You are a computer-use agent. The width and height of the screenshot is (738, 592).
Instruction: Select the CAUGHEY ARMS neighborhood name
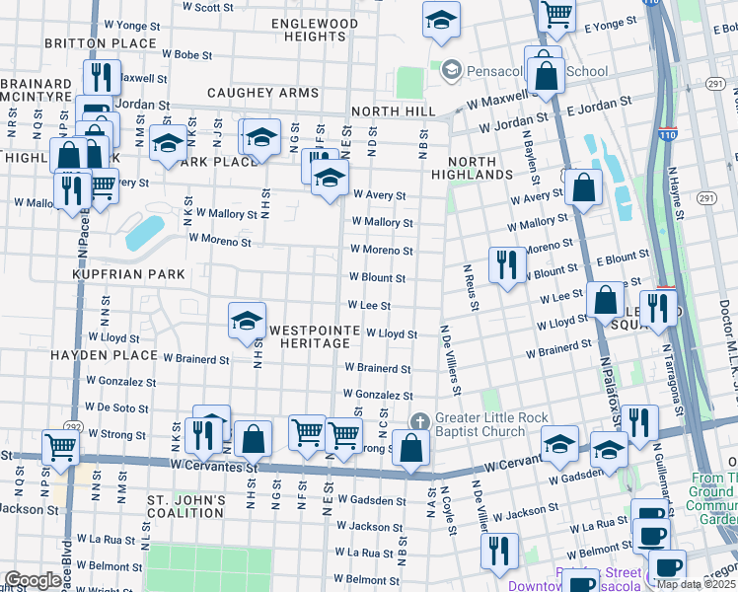tap(263, 93)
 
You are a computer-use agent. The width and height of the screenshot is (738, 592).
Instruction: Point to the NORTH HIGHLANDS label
tap(480, 168)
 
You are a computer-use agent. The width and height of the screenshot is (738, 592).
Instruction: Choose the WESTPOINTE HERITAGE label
tap(310, 335)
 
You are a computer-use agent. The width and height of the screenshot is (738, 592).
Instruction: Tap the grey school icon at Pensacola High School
tap(451, 69)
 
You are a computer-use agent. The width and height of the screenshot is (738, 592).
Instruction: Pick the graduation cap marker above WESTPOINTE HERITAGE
tap(247, 319)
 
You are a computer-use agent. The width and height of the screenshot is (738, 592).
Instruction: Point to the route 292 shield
tap(73, 427)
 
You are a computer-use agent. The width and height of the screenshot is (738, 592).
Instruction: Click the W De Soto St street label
tap(110, 407)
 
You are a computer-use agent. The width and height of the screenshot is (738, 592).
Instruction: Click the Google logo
tap(33, 580)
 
